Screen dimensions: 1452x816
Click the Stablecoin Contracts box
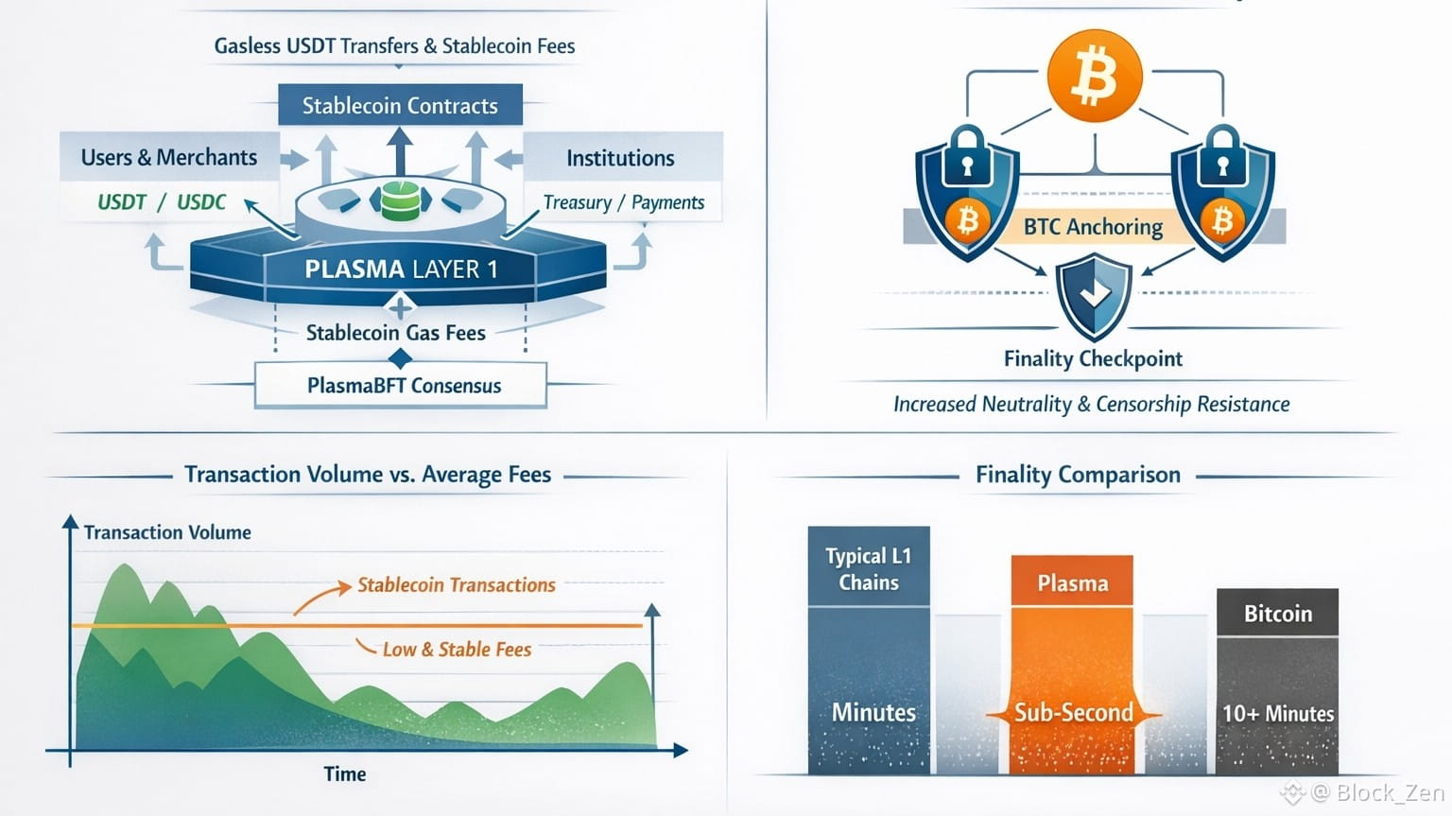(x=400, y=104)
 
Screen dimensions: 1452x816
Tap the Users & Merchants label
(x=169, y=157)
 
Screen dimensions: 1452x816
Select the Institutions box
(x=623, y=157)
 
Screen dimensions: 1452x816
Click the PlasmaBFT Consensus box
(x=401, y=385)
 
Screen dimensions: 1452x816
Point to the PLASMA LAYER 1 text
(x=401, y=269)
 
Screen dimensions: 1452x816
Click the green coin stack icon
(x=401, y=200)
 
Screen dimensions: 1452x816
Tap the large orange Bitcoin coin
(x=1095, y=76)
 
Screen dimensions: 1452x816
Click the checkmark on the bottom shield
(x=1095, y=294)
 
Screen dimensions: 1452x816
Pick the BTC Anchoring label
(x=1093, y=227)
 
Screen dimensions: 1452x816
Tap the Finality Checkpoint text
(x=1093, y=358)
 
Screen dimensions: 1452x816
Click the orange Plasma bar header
(x=1072, y=581)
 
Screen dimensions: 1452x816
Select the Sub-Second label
(x=1074, y=712)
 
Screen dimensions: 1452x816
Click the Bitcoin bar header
(x=1278, y=613)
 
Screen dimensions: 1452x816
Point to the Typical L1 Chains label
(x=869, y=568)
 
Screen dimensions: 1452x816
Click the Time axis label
(x=345, y=773)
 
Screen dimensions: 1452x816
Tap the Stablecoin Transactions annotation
(x=457, y=584)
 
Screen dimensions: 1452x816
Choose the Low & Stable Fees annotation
(x=457, y=650)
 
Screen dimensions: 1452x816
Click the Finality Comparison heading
(x=1078, y=475)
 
